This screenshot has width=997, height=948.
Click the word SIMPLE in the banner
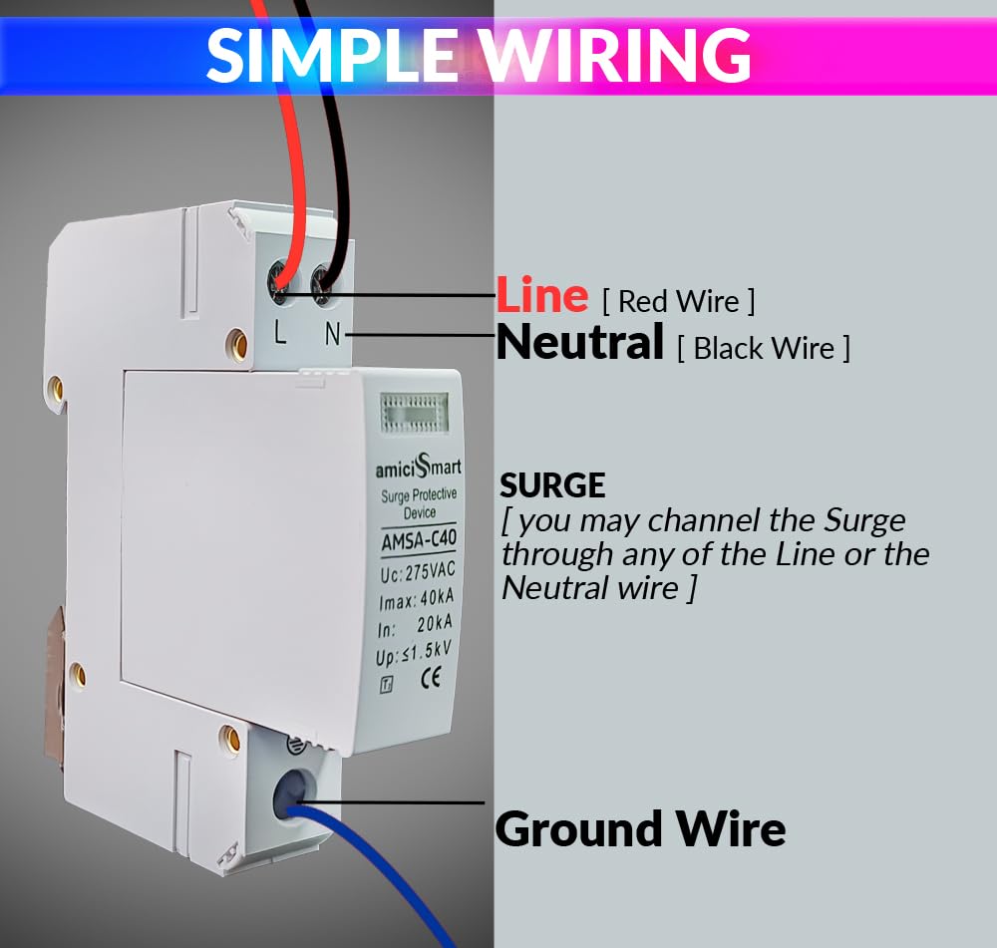pos(331,55)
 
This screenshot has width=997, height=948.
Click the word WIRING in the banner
pos(615,55)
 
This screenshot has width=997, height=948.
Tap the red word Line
pos(542,295)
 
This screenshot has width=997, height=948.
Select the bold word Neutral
pos(580,342)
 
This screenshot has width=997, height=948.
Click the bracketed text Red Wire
pos(678,301)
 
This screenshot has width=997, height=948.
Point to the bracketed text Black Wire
pos(764,349)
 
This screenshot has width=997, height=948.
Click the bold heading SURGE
pos(552,485)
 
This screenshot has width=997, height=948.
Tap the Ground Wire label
pos(640,829)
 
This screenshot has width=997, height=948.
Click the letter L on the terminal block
pos(280,332)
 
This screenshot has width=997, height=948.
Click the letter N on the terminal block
pos(333,334)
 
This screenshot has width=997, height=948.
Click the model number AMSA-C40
pos(419,540)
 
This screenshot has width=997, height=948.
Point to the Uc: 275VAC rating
pos(418,571)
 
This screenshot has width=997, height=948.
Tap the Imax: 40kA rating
pos(417,599)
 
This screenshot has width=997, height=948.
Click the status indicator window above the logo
pos(414,412)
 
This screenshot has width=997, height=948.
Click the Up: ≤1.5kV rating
pos(414,652)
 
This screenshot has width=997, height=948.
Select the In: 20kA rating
pos(415,626)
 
